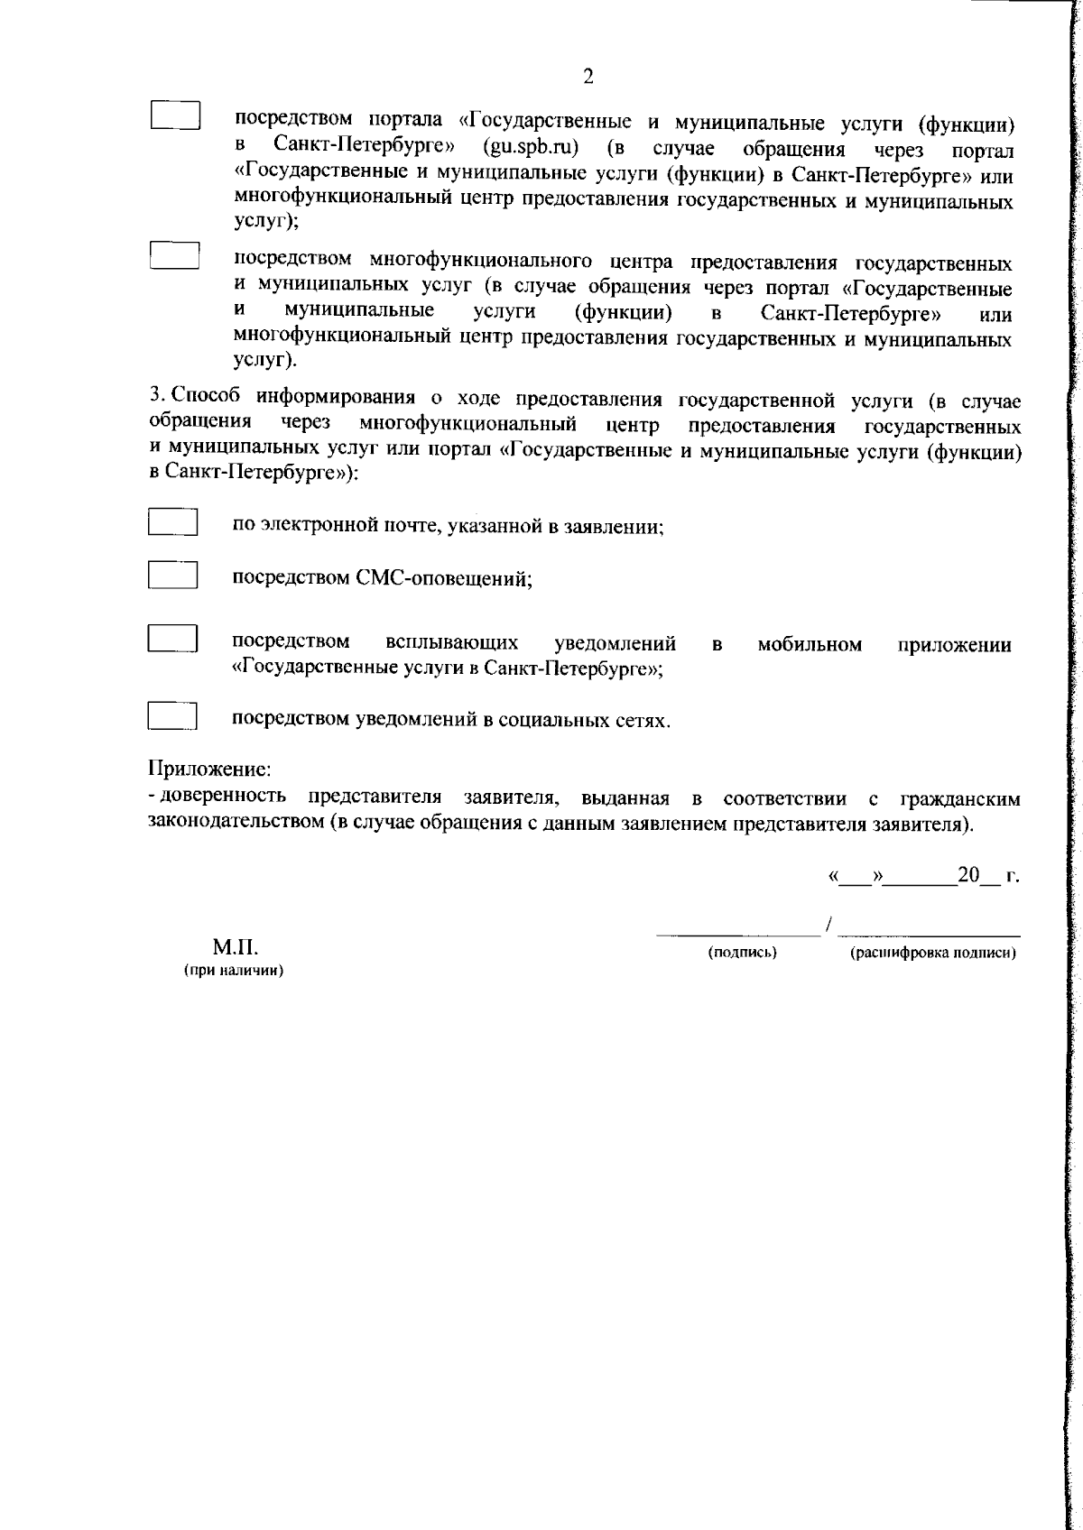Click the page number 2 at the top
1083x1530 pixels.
click(x=588, y=77)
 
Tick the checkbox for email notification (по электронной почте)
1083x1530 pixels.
click(x=172, y=523)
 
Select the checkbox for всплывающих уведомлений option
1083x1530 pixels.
click(x=172, y=638)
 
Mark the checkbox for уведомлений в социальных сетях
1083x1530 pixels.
click(x=172, y=716)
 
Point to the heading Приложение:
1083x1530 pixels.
click(x=209, y=770)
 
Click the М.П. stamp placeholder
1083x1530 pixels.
click(x=235, y=948)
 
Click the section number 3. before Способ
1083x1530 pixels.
click(x=157, y=397)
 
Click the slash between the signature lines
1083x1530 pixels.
click(x=828, y=926)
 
